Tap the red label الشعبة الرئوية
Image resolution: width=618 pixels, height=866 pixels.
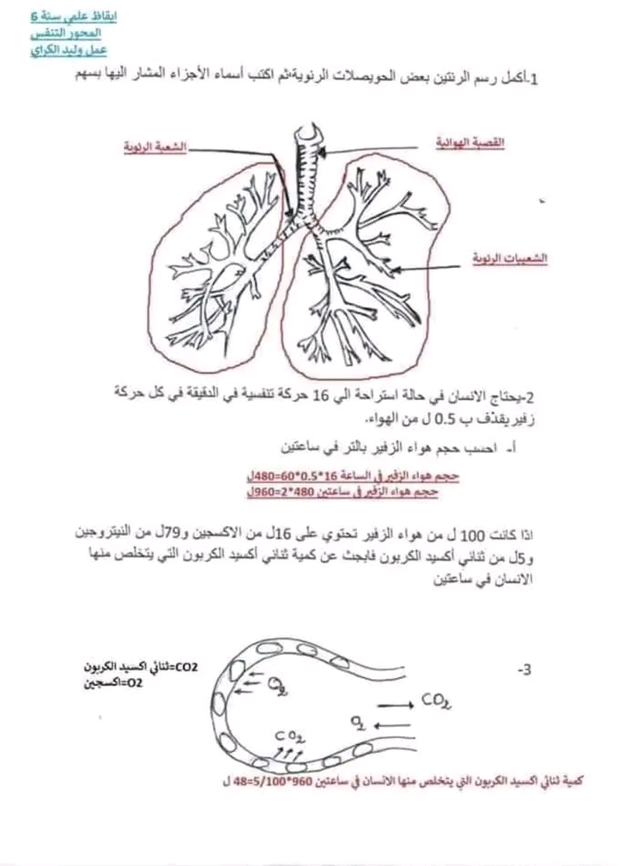155,147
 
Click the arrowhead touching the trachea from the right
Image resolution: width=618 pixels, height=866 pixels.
318,155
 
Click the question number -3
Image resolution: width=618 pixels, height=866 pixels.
524,668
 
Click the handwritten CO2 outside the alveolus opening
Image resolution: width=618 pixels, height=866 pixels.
436,703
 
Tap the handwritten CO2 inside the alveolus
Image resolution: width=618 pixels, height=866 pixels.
288,736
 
